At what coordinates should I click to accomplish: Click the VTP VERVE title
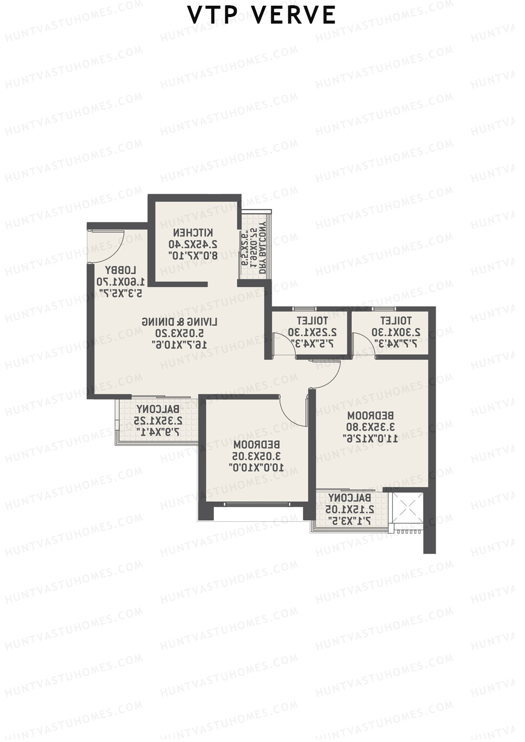262,15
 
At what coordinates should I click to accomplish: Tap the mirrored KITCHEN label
193,232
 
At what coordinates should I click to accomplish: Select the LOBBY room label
121,270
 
